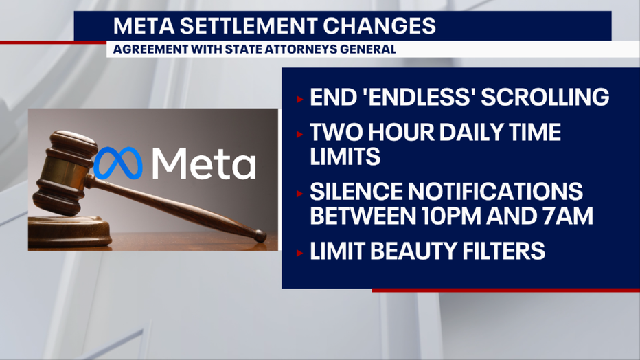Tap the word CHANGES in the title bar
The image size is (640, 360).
[x=380, y=25]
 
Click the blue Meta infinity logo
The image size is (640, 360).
[x=118, y=163]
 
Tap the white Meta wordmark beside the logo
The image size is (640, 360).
[x=204, y=164]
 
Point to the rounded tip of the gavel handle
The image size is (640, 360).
[x=260, y=236]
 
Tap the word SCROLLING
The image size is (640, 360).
[x=545, y=97]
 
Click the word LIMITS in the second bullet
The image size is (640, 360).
[x=345, y=157]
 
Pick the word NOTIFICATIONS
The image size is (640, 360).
[x=495, y=192]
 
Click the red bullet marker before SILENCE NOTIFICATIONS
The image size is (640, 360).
[x=299, y=194]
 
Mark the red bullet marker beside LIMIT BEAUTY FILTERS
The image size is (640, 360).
[x=299, y=253]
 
